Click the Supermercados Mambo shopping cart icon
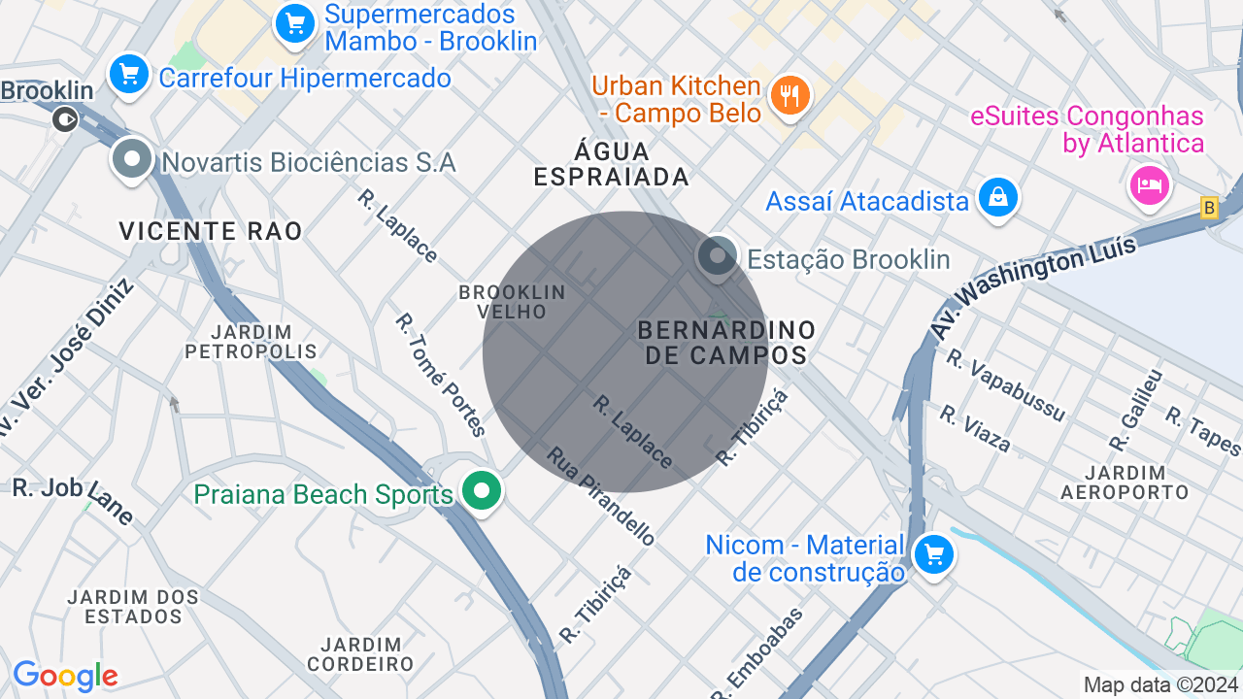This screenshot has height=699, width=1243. (294, 24)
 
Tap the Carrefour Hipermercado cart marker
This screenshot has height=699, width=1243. (128, 75)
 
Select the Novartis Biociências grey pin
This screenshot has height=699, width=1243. (132, 159)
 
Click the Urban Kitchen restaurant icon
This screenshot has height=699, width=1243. (789, 95)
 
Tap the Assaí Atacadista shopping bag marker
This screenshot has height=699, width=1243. (997, 198)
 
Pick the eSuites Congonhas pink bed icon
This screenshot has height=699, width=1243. (1150, 184)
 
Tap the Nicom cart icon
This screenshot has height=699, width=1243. (933, 555)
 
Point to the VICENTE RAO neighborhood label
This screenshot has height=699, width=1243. (211, 231)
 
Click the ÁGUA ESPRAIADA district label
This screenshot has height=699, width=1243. (612, 164)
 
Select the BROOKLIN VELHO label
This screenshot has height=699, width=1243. (512, 301)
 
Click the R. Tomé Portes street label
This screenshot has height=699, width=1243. (440, 374)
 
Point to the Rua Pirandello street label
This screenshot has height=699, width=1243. (600, 495)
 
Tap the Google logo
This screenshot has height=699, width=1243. (65, 676)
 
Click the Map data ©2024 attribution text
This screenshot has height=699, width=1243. (1160, 684)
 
